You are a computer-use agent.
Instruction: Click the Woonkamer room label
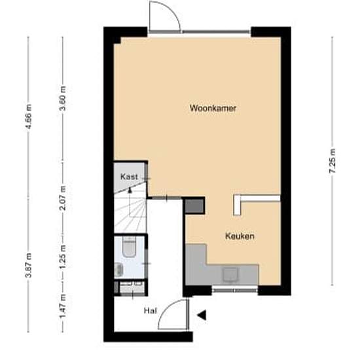[x=213, y=108]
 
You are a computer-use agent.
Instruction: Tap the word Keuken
[x=240, y=236]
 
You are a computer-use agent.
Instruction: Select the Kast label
[x=129, y=177]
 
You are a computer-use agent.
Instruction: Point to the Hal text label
[x=151, y=311]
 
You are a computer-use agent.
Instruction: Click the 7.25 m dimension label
[x=333, y=161]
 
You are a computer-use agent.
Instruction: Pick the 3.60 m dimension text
[x=63, y=98]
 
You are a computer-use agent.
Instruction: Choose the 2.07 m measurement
[x=63, y=198]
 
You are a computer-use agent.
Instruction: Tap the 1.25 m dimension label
[x=63, y=257]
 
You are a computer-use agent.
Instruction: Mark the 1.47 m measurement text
[x=63, y=306]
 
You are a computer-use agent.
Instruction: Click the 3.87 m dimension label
[x=28, y=265]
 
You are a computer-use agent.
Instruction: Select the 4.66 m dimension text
[x=28, y=117]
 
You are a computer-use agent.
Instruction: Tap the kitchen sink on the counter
[x=230, y=274]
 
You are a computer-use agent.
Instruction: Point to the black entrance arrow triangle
[x=202, y=315]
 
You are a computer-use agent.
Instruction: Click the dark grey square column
[x=194, y=206]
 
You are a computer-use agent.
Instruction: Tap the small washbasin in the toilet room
[x=119, y=270]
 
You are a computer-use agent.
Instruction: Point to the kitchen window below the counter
[x=234, y=291]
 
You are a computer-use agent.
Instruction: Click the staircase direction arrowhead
[x=130, y=190]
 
